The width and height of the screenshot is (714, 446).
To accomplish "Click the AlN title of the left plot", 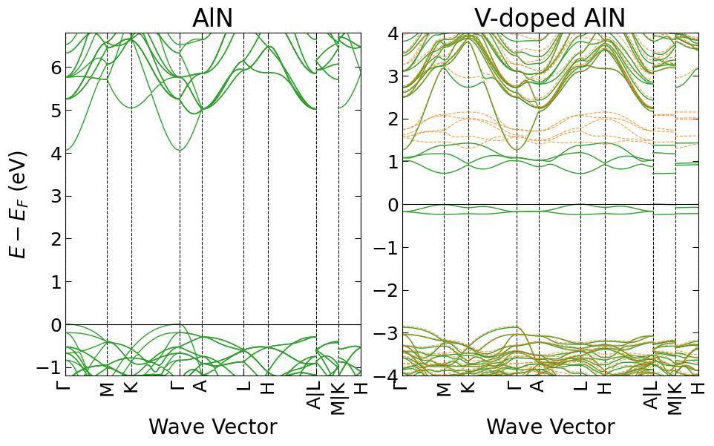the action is (x=213, y=19).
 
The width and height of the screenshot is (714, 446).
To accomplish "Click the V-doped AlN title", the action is (x=550, y=19).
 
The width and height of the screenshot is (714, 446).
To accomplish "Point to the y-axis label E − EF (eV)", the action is (x=19, y=204).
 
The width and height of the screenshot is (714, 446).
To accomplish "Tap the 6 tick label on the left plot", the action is (x=56, y=68).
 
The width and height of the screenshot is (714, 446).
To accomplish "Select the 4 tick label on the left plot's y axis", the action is (x=56, y=154).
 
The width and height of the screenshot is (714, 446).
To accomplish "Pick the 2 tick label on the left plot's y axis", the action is (x=56, y=239).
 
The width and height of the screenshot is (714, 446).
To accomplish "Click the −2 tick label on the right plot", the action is (x=386, y=290).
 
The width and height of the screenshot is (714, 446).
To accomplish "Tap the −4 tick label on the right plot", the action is (x=386, y=376).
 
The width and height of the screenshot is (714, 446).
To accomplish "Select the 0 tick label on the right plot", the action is (x=393, y=205).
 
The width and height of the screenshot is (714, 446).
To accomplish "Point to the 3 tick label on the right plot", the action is (x=393, y=76).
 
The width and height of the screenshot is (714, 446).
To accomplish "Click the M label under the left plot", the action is (x=107, y=389).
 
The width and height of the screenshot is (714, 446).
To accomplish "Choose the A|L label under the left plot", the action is (x=315, y=395).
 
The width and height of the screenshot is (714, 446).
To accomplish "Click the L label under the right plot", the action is (x=580, y=387).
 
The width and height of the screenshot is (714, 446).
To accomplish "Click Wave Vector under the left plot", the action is (x=213, y=427).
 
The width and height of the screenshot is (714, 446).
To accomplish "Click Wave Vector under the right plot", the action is (x=550, y=427).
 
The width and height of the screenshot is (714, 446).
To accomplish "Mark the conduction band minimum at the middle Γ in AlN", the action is (x=180, y=150).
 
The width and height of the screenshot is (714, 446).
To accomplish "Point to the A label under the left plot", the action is (x=200, y=386).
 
